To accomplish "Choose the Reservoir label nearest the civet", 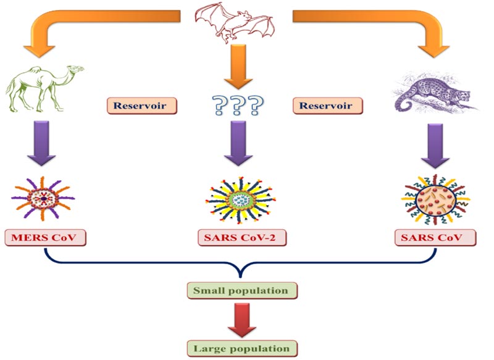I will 327,106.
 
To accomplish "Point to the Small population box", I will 241,290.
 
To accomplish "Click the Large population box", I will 241,348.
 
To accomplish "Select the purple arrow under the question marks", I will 237,146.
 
